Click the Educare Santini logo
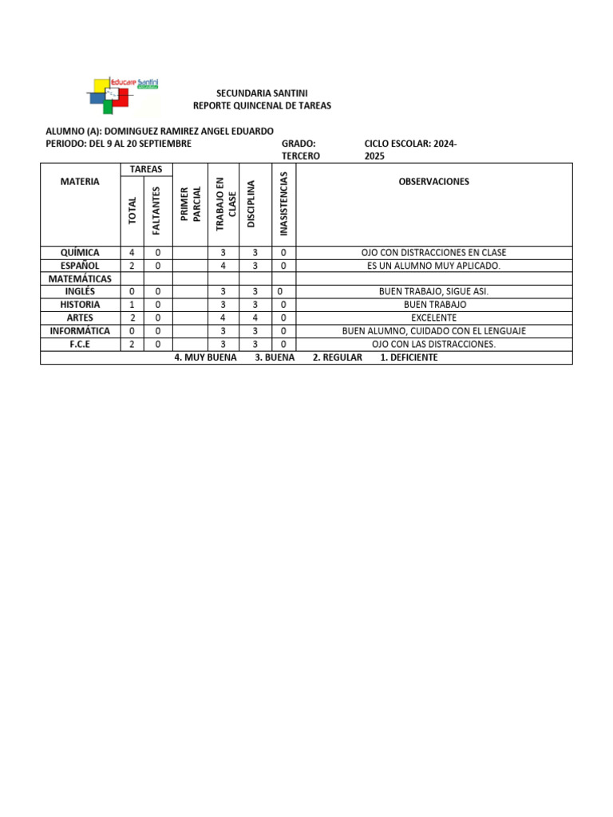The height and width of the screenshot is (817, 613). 121,95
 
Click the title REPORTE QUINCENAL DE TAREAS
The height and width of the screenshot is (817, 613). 262,105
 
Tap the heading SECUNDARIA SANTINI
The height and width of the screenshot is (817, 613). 262,93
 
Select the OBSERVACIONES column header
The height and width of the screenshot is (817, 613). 433,181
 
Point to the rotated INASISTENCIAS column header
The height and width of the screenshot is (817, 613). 284,204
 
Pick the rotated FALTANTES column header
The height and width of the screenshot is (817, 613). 156,211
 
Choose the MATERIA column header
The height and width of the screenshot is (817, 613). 80,181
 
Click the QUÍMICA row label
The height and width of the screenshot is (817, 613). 80,252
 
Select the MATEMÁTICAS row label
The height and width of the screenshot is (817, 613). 80,278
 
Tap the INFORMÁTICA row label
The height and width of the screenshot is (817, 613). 80,330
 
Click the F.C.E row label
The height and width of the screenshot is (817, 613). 80,344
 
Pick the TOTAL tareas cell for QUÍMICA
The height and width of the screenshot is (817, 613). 131,252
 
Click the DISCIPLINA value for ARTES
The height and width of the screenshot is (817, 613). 255,318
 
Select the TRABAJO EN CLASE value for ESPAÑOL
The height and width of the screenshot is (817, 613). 223,265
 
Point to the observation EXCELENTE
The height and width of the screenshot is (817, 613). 433,318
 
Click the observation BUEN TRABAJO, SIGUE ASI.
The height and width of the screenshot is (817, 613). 433,291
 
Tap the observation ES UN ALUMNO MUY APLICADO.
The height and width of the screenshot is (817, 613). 433,265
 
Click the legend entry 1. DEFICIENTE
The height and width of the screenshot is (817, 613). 409,357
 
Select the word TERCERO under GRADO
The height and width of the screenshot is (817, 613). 301,156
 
